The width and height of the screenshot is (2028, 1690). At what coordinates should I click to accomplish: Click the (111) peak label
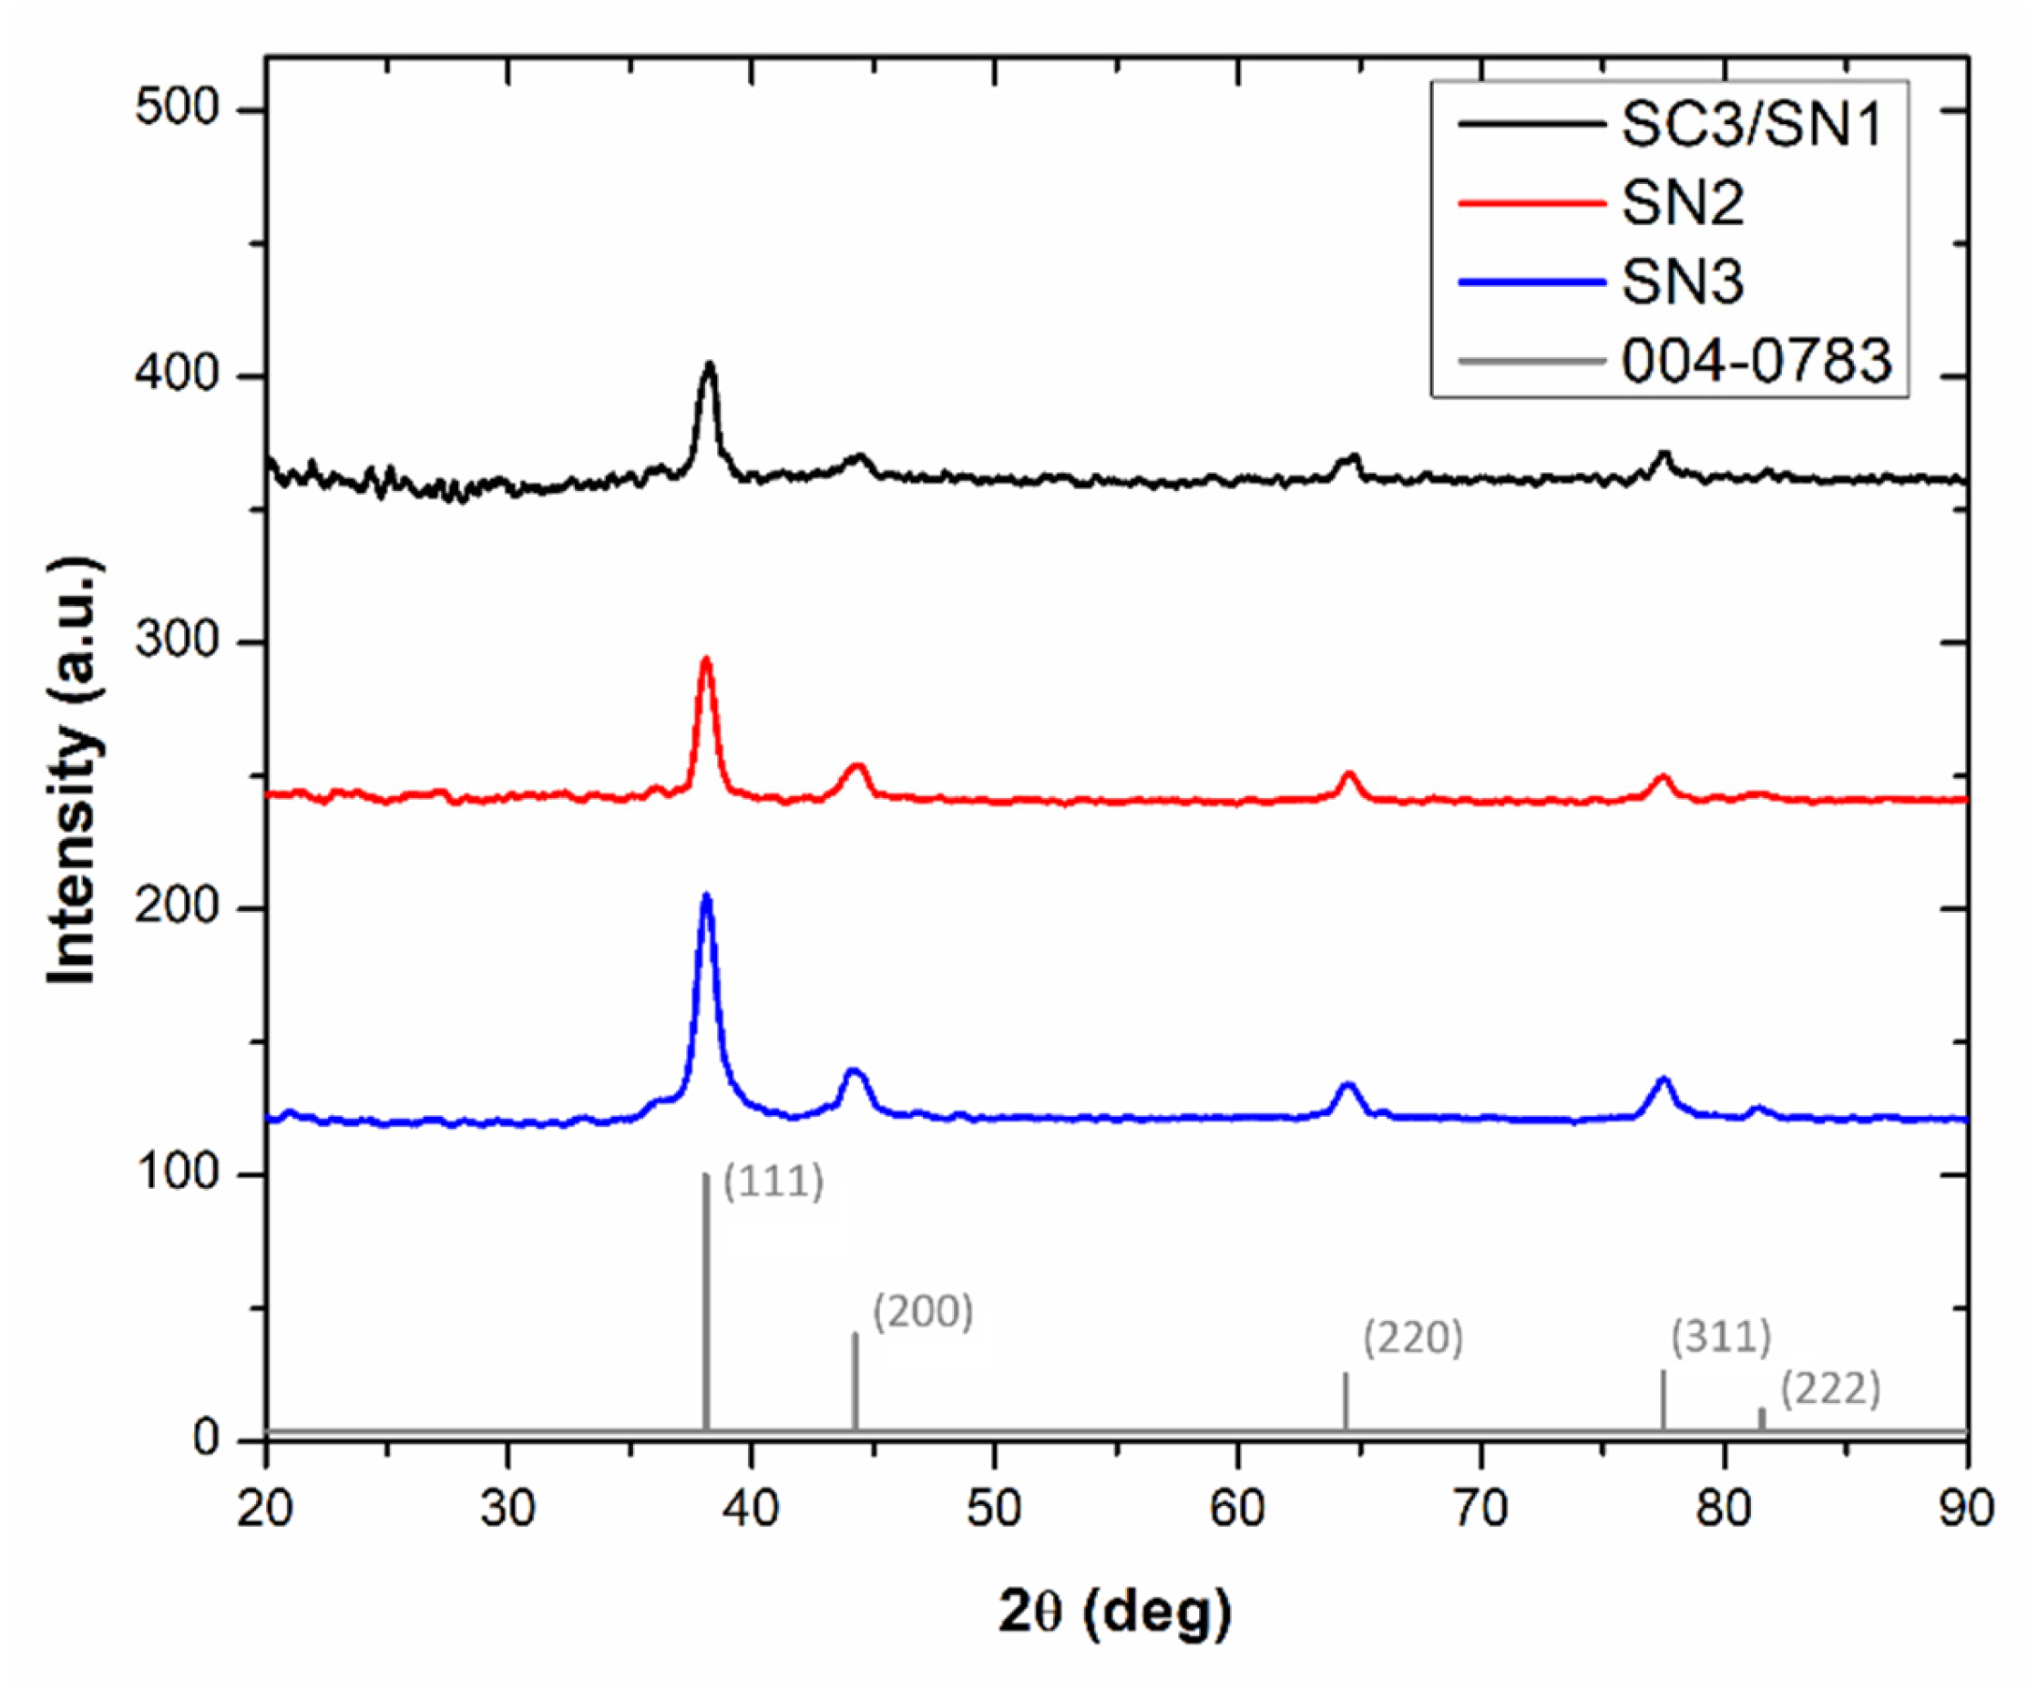pyautogui.click(x=773, y=1182)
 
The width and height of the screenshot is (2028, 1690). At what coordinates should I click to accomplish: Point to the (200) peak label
pyautogui.click(x=922, y=1311)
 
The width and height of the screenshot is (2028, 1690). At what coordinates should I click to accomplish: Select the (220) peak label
pyautogui.click(x=1413, y=1338)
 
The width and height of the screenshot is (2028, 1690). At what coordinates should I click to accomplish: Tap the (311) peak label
pyautogui.click(x=1721, y=1337)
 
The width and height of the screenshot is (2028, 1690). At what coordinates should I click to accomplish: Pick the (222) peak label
pyautogui.click(x=1830, y=1389)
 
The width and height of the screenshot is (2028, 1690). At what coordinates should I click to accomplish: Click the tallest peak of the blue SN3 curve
pyautogui.click(x=706, y=896)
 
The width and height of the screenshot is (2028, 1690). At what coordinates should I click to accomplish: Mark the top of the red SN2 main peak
pyautogui.click(x=706, y=660)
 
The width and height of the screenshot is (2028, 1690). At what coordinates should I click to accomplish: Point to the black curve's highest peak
pyautogui.click(x=710, y=365)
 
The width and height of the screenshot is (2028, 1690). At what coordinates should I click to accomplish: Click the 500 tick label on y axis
pyautogui.click(x=178, y=108)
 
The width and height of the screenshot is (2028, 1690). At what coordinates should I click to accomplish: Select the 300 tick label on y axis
pyautogui.click(x=178, y=641)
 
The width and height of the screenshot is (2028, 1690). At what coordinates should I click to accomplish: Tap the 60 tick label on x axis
pyautogui.click(x=1237, y=1508)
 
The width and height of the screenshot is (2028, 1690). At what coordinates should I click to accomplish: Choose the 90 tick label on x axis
pyautogui.click(x=1966, y=1508)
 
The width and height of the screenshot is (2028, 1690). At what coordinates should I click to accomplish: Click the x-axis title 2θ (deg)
pyautogui.click(x=1115, y=1612)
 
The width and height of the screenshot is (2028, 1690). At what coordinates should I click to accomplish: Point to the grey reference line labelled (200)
pyautogui.click(x=855, y=1381)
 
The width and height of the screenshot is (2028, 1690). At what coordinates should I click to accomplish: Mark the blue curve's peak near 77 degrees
pyautogui.click(x=1663, y=1079)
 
